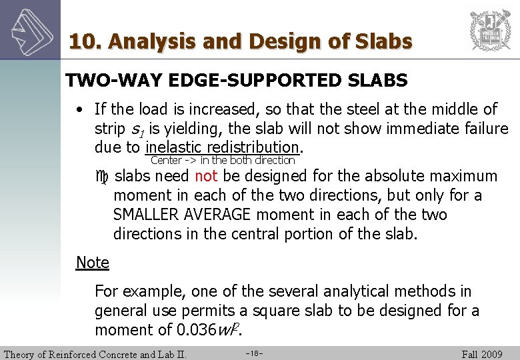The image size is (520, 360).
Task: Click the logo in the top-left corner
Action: click(29, 29)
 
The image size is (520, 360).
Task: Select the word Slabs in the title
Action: click(385, 41)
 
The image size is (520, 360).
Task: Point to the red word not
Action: click(206, 176)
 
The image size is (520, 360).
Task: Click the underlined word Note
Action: click(92, 262)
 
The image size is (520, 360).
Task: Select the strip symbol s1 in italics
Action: click(135, 128)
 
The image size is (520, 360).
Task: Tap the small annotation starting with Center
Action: click(223, 160)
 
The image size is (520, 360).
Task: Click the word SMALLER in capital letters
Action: click(146, 215)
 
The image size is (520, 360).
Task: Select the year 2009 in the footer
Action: click(492, 353)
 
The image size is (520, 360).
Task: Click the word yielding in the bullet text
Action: click(205, 128)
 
